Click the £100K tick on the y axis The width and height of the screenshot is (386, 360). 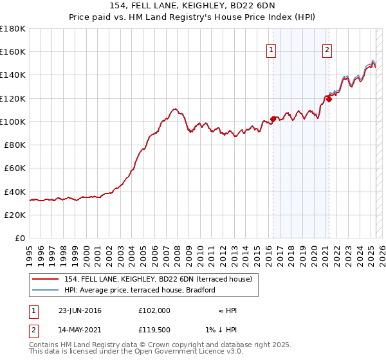[x=13, y=122]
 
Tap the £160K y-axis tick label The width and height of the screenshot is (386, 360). [x=13, y=51]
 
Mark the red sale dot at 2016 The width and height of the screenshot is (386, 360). [x=273, y=119]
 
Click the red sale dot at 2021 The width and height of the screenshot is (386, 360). [x=329, y=99]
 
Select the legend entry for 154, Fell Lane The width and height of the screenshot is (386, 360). [x=161, y=278]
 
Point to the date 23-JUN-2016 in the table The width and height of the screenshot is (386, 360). [x=80, y=310]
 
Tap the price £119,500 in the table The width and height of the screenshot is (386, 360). [x=154, y=330]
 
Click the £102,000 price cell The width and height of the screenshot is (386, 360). [x=154, y=310]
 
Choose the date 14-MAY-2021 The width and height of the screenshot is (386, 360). [x=80, y=330]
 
